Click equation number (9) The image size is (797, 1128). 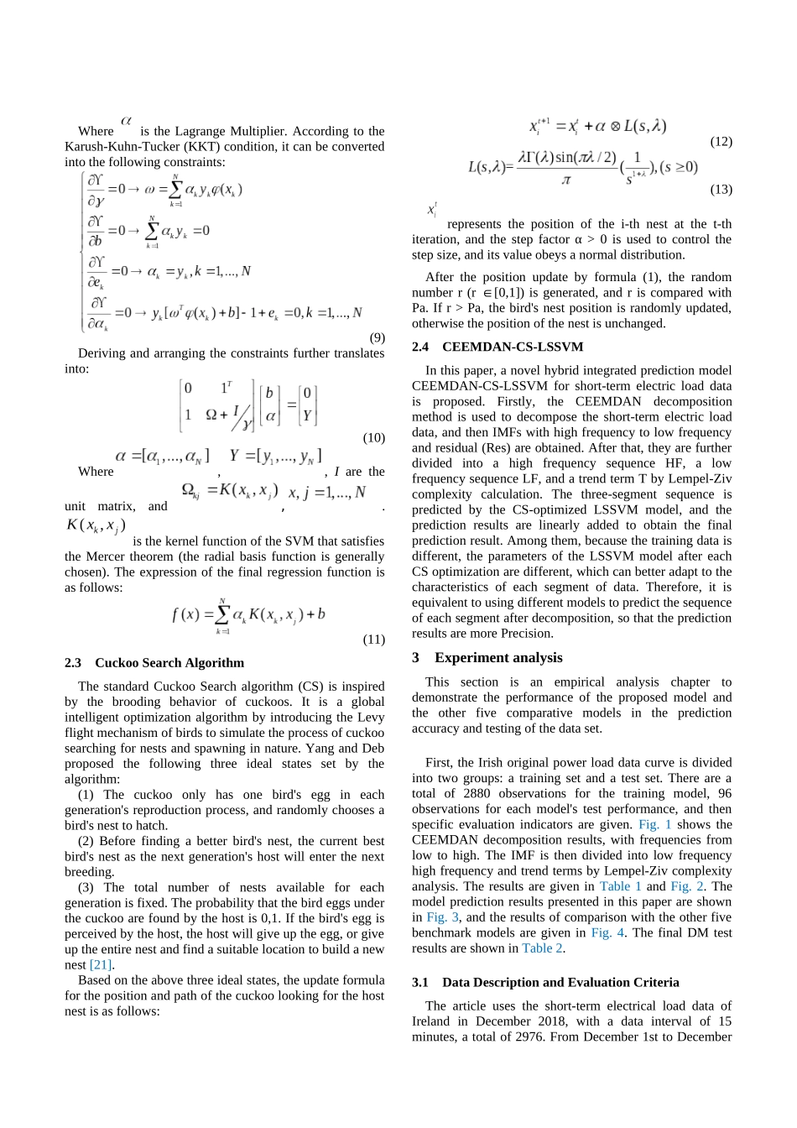377,337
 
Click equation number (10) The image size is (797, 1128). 373,437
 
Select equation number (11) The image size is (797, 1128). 373,639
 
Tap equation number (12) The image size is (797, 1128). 721,141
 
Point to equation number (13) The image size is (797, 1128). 721,189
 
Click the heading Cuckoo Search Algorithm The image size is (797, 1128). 169,662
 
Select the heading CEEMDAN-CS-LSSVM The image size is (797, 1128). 513,347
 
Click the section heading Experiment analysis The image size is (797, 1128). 498,657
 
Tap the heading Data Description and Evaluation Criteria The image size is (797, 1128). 560,982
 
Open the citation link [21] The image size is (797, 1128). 101,964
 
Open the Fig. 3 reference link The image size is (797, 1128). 436,917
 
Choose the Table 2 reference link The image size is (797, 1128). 543,948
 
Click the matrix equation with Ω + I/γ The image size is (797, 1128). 248,405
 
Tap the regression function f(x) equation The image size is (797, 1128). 248,614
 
